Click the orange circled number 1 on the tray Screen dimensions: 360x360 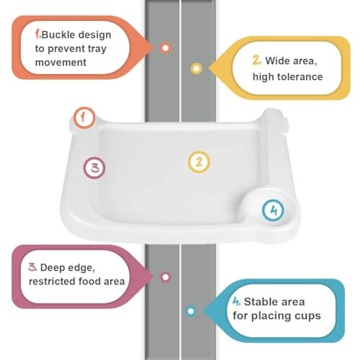pyautogui.click(x=85, y=117)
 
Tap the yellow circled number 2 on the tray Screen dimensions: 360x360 pyautogui.click(x=199, y=161)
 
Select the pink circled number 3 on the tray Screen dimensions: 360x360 pyautogui.click(x=94, y=168)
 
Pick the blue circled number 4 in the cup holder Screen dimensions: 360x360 pyautogui.click(x=272, y=211)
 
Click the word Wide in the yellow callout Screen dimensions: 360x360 pyautogui.click(x=279, y=60)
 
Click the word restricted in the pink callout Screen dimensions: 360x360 pyautogui.click(x=53, y=282)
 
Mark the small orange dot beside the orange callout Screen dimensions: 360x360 pyautogui.click(x=166, y=48)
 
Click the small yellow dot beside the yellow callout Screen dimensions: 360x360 pyautogui.click(x=196, y=68)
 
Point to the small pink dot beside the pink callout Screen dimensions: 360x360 pyautogui.click(x=166, y=276)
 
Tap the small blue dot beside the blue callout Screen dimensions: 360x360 pyautogui.click(x=191, y=311)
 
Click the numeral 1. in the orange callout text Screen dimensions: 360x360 pyautogui.click(x=39, y=33)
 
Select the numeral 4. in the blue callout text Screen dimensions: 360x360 pyautogui.click(x=236, y=302)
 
